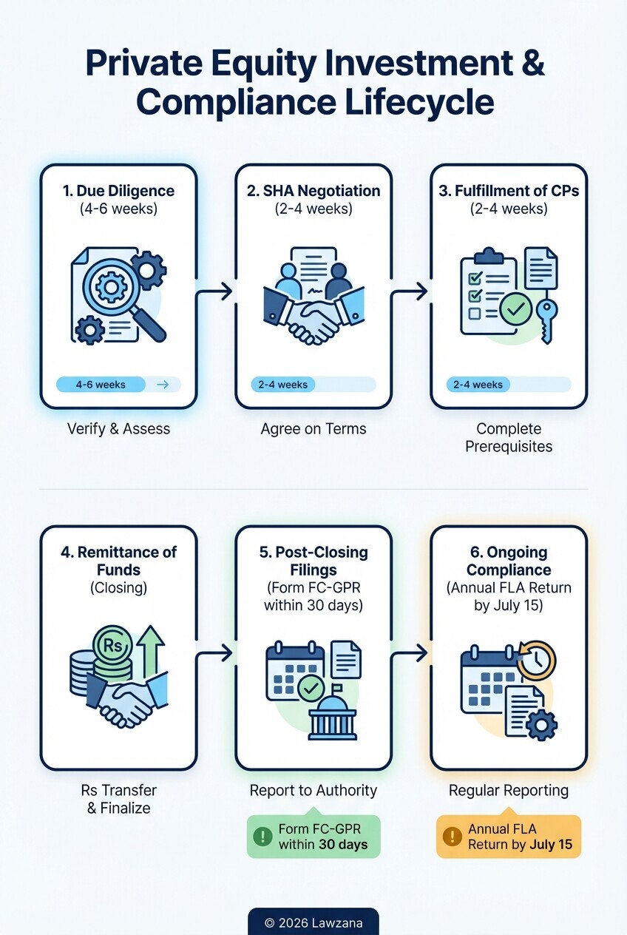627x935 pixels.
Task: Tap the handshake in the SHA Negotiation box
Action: [313, 314]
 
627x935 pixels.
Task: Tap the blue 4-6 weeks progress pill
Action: [101, 385]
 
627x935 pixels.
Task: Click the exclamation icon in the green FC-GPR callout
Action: [262, 837]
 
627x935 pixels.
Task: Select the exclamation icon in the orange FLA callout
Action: [452, 837]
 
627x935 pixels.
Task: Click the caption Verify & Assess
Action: [118, 429]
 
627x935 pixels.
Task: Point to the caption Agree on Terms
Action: [313, 429]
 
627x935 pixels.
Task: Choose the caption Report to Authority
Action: [313, 790]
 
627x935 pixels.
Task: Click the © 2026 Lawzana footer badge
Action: [313, 922]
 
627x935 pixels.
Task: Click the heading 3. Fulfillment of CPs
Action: [509, 190]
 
